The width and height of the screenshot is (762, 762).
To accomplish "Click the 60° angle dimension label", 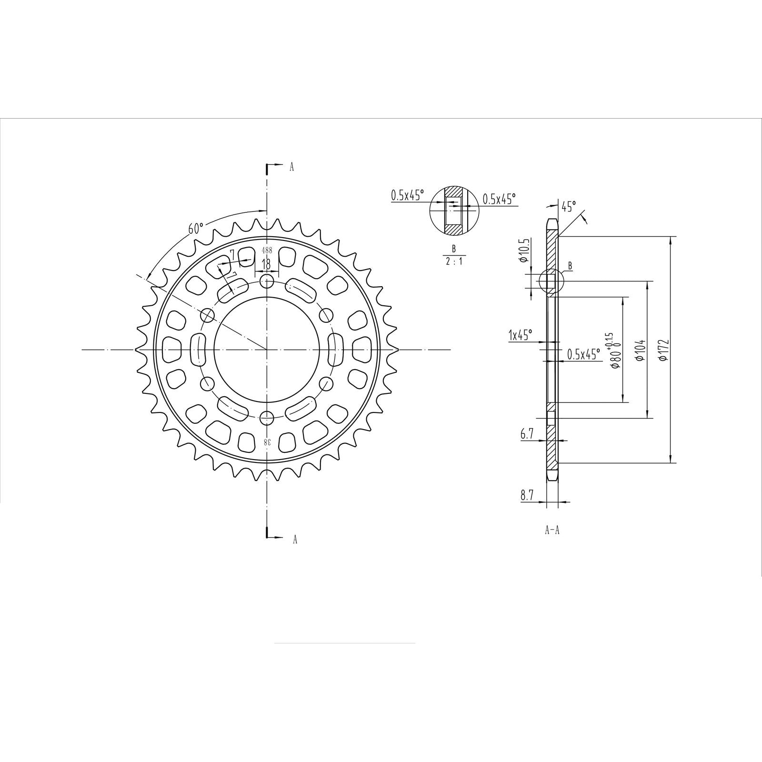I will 196,228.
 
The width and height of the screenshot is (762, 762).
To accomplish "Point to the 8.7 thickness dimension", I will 527,495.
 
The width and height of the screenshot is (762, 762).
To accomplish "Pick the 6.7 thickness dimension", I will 527,433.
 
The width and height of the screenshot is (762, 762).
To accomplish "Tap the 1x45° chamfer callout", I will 520,335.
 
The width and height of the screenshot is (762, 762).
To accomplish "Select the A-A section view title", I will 552,530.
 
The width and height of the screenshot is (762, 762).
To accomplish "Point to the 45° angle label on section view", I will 568,206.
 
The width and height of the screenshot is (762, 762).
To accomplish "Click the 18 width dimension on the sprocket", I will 266,264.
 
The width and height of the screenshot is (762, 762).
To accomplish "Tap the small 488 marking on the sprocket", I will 267,250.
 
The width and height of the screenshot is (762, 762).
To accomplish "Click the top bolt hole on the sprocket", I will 267,281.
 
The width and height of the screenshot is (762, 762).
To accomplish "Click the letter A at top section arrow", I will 292,167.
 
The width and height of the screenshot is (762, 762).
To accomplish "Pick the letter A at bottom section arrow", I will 295,539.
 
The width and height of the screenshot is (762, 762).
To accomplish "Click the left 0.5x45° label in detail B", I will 407,195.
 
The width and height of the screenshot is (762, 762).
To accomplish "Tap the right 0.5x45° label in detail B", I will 499,199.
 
